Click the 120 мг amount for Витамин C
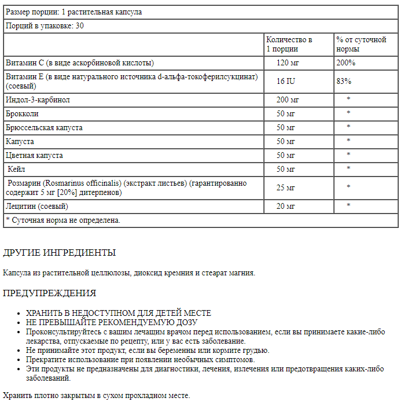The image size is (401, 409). pyautogui.click(x=287, y=62)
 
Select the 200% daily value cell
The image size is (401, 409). pyautogui.click(x=345, y=62)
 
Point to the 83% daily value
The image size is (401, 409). pyautogui.click(x=344, y=81)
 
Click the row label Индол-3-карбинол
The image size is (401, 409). pyautogui.click(x=38, y=100)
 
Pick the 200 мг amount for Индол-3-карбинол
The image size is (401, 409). pyautogui.click(x=287, y=100)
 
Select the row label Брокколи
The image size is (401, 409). pyautogui.click(x=21, y=113)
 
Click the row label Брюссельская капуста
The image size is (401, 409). pyautogui.click(x=44, y=127)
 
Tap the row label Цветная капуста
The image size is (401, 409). pyautogui.click(x=34, y=155)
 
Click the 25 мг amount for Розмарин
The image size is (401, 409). pyautogui.click(x=286, y=187)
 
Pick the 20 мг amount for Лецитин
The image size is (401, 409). pyautogui.click(x=285, y=206)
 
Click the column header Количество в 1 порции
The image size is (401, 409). pyautogui.click(x=289, y=45)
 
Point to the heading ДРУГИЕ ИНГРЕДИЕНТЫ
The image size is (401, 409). pyautogui.click(x=60, y=253)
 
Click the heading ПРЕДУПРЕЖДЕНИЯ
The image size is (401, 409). pyautogui.click(x=50, y=293)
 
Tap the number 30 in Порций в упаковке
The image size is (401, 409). pyautogui.click(x=80, y=26)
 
